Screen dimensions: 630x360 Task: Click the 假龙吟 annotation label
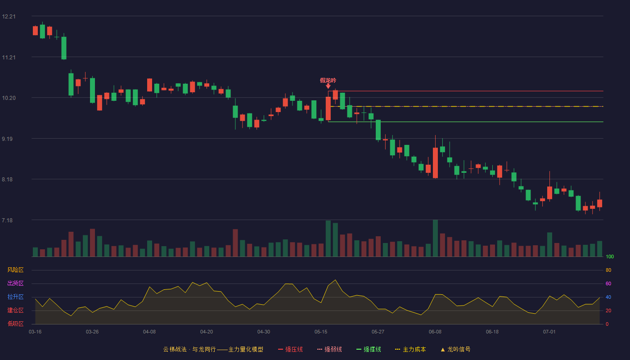328,81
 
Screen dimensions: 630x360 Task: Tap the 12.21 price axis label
9,17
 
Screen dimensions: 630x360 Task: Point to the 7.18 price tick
7,220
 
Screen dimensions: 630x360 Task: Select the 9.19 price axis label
7,139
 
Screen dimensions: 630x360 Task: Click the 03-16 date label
35,332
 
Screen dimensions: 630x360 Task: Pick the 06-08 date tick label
435,332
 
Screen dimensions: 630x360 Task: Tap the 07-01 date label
549,332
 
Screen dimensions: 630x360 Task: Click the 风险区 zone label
15,270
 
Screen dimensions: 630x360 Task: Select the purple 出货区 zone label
15,283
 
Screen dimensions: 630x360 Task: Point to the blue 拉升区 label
15,297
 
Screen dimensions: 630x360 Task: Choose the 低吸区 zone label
15,324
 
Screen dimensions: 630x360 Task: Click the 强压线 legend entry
290,350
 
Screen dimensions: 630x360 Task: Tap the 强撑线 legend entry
369,350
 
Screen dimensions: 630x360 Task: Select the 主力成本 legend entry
410,350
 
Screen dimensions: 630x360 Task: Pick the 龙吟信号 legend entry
455,350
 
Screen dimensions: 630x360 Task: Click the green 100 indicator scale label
610,256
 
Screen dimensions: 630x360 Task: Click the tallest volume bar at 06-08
436,238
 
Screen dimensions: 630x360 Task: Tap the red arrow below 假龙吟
328,86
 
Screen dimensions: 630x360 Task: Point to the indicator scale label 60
608,283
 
